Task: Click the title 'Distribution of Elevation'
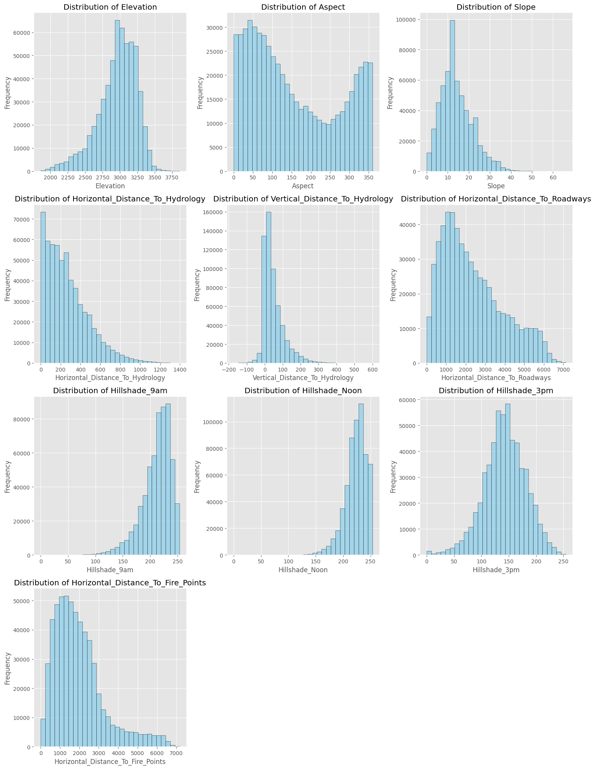point(110,7)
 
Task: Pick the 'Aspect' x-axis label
point(303,186)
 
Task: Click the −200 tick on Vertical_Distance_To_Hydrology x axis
point(229,369)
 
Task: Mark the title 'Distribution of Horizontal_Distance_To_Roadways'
point(496,199)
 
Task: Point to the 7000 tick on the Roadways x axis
point(563,369)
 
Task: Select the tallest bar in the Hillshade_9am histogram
point(168,479)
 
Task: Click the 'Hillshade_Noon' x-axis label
point(303,570)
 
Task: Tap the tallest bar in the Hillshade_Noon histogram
point(361,479)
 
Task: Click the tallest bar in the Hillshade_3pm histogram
point(508,479)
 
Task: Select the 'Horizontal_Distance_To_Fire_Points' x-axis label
point(110,762)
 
